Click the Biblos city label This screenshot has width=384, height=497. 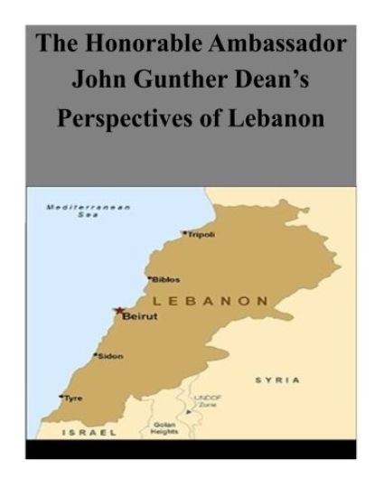pos(167,279)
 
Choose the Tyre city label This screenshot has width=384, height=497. pos(73,398)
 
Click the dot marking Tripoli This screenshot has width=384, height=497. pos(184,233)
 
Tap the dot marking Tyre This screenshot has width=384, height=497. pos(61,397)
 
